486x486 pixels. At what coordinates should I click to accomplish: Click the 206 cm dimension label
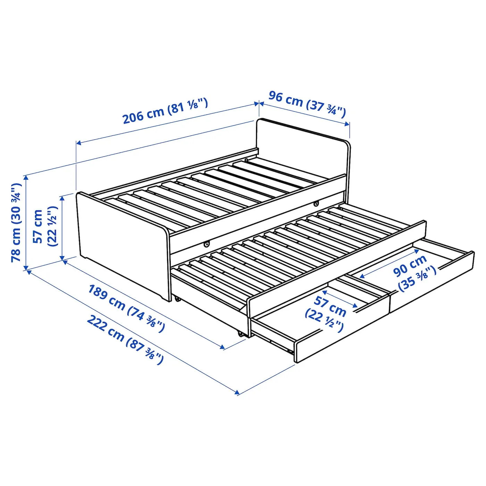click(x=165, y=111)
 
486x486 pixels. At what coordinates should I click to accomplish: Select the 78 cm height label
click(x=16, y=223)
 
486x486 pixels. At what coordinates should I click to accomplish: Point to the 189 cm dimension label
click(x=126, y=308)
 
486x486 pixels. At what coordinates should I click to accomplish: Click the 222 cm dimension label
click(x=125, y=340)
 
